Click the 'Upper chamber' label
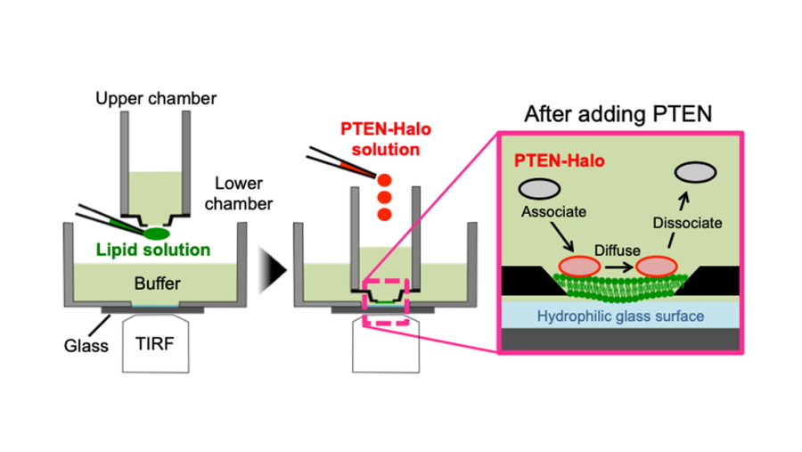click(x=156, y=97)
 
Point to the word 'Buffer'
click(x=157, y=284)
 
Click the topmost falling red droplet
click(x=385, y=178)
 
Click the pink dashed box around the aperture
click(x=384, y=301)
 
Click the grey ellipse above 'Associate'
click(x=539, y=188)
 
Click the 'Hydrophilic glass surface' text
click(x=621, y=316)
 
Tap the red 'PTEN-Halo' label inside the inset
click(x=558, y=160)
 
